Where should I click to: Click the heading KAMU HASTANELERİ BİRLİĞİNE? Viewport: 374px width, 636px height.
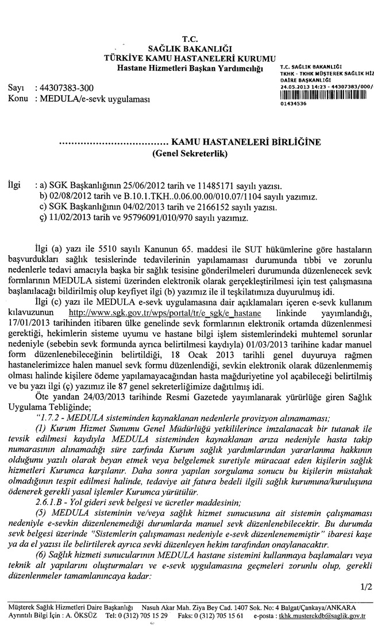click(245, 141)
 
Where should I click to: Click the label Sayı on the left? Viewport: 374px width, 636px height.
click(16, 89)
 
